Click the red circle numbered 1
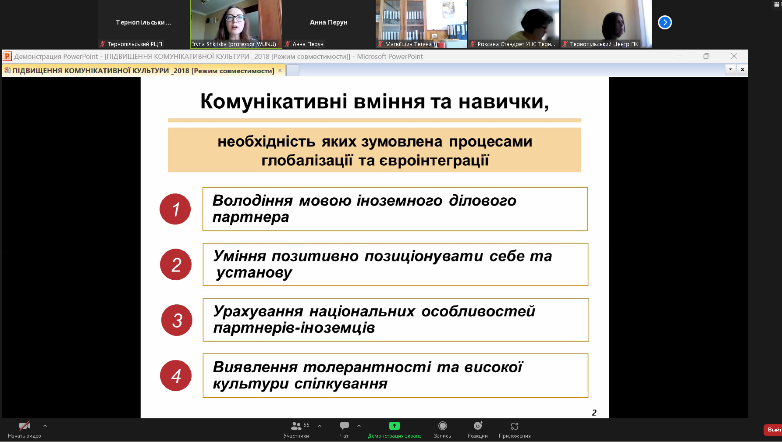pos(175,209)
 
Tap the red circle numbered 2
pos(176,264)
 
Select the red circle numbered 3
pos(177,320)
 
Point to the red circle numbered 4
pos(176,375)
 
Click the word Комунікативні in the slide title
pos(274,101)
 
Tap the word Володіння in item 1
pos(252,200)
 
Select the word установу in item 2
pos(254,273)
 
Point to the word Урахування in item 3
pos(258,311)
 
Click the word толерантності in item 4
pos(367,367)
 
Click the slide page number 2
pos(594,413)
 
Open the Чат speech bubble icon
pos(345,425)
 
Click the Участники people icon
pos(296,425)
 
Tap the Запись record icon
pos(443,425)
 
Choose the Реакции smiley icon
pos(478,425)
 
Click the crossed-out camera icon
pos(25,425)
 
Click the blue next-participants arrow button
pos(665,22)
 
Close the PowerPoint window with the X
pos(734,56)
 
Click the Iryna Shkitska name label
pos(234,44)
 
